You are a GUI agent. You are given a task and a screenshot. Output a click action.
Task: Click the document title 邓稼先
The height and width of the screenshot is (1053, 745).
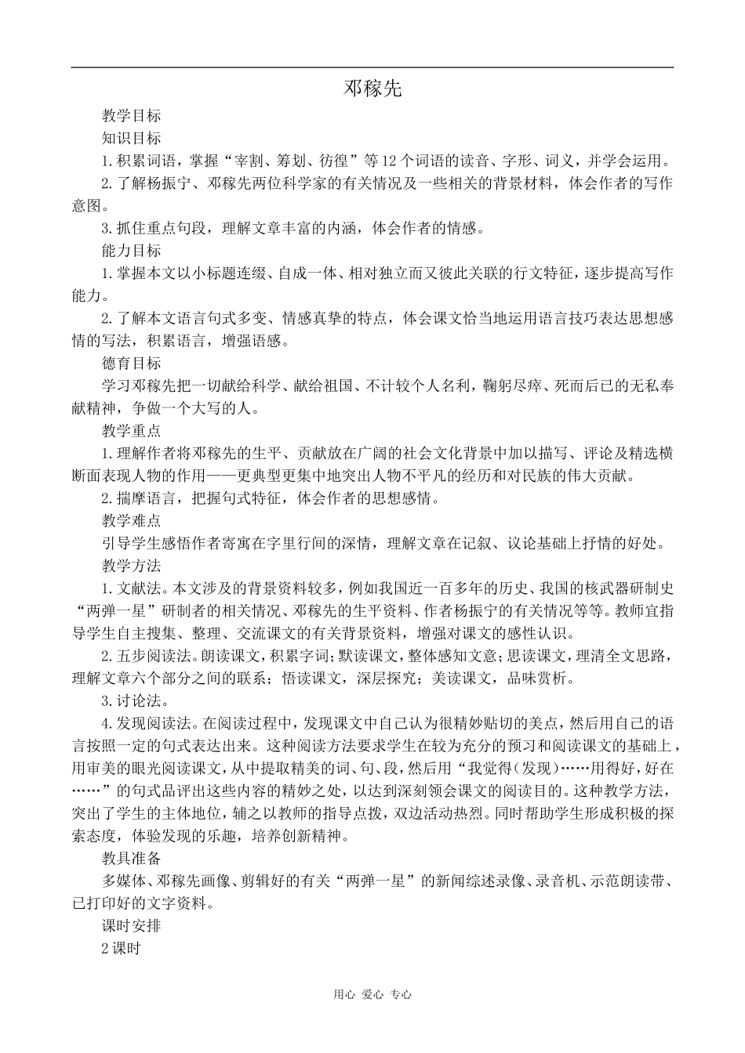click(x=372, y=89)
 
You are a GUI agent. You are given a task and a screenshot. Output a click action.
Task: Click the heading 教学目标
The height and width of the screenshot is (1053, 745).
click(x=131, y=116)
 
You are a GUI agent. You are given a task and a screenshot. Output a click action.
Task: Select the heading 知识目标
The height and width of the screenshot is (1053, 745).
click(x=131, y=139)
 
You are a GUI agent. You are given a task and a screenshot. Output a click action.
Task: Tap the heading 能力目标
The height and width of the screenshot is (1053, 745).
click(x=131, y=251)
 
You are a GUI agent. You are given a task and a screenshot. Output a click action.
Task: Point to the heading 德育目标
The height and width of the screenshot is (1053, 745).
click(x=131, y=364)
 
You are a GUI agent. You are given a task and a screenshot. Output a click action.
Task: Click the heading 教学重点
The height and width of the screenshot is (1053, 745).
click(x=131, y=431)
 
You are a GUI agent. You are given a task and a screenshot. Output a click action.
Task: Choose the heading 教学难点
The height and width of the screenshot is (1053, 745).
click(x=131, y=521)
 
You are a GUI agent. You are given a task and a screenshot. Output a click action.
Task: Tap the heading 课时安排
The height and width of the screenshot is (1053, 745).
click(x=131, y=925)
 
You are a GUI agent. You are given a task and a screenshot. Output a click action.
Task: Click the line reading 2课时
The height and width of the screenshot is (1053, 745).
click(x=120, y=948)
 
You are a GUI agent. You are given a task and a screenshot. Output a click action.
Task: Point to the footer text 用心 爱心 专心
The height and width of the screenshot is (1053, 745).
click(x=372, y=994)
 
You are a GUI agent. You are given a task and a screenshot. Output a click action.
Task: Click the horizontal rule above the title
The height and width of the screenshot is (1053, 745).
click(x=372, y=67)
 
